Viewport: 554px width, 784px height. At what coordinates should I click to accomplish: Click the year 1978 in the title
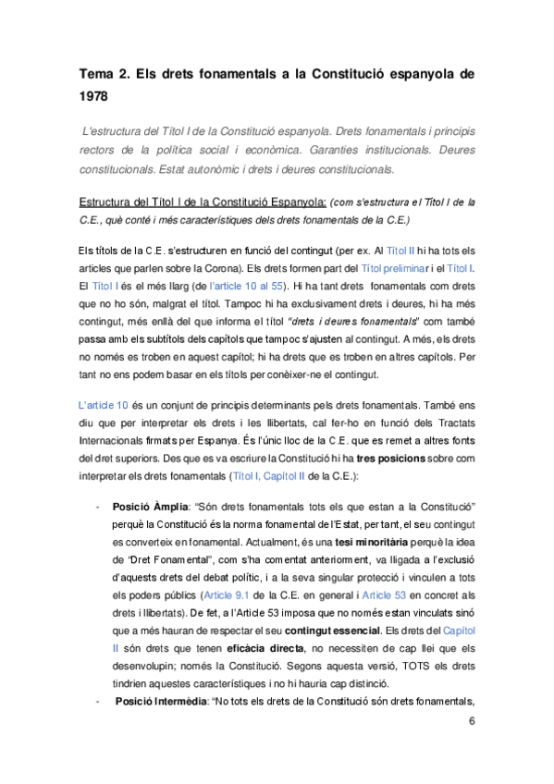(x=95, y=94)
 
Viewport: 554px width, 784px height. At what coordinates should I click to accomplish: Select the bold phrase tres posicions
(x=380, y=459)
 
